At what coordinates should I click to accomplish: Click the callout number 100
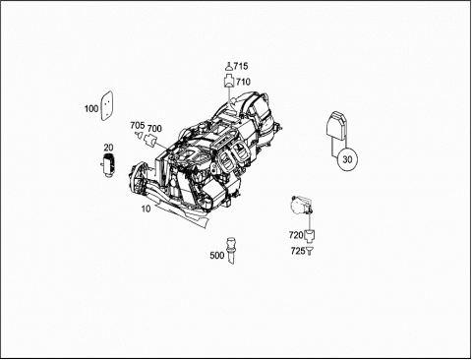pos(91,108)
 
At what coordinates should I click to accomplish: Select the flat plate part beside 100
pos(106,106)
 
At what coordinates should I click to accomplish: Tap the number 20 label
pos(108,148)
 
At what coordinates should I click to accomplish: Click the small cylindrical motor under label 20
pos(107,165)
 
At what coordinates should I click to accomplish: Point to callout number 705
pos(138,125)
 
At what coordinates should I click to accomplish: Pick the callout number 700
pos(154,128)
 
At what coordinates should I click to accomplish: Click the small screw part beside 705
pos(139,135)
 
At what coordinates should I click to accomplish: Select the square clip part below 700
pos(149,141)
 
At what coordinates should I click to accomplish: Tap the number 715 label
pos(241,66)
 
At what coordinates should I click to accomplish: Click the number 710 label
pos(243,82)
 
